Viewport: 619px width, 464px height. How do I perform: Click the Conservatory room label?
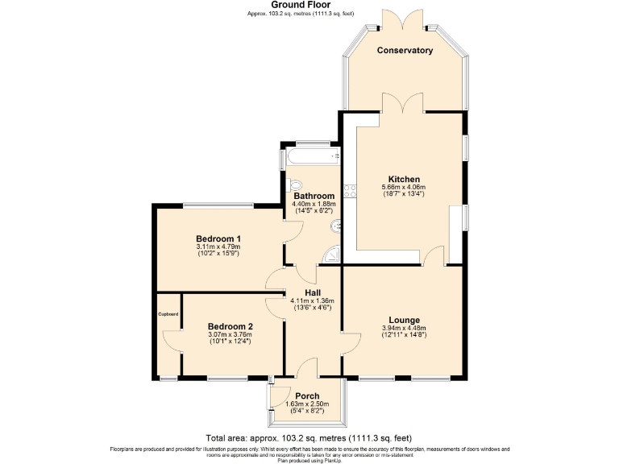(x=405, y=50)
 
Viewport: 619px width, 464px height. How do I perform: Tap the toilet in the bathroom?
(x=295, y=184)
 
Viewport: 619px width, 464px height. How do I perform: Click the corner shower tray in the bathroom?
(x=331, y=257)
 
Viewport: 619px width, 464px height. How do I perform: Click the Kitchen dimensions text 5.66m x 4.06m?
(x=404, y=187)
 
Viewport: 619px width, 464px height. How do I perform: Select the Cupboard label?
(x=168, y=314)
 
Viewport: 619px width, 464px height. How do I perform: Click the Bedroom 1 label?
(x=218, y=238)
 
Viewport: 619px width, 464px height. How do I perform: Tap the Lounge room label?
(x=404, y=319)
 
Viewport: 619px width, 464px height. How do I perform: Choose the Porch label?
(x=307, y=396)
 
